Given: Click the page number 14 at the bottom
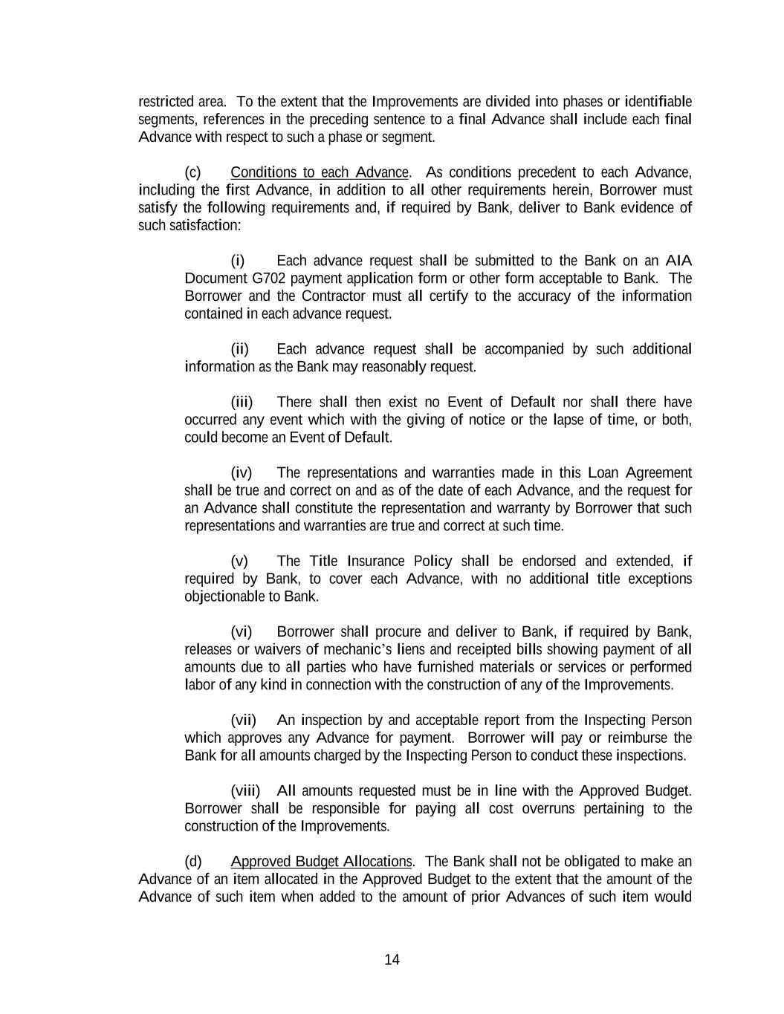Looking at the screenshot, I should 392,960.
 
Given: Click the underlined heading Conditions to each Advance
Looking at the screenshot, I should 320,172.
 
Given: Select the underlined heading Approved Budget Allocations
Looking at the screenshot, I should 321,862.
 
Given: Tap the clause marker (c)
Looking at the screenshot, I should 192,172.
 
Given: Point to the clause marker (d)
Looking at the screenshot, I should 192,862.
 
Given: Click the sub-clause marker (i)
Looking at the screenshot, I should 237,261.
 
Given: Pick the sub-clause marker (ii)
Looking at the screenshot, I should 239,349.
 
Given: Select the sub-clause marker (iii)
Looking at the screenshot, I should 242,403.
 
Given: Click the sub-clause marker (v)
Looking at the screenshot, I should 239,561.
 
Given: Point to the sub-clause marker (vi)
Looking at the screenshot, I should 242,632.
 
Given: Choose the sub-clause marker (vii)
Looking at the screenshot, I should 243,721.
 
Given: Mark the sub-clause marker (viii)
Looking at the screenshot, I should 245,791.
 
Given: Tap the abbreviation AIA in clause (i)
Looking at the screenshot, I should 678,261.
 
